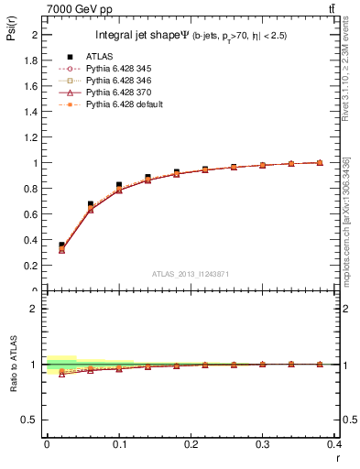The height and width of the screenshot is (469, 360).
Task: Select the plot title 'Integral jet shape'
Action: [142, 37]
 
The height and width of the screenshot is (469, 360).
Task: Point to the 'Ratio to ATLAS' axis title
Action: [10, 364]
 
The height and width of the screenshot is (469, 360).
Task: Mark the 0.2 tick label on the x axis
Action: [191, 443]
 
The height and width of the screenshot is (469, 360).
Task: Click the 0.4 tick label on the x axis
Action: [334, 443]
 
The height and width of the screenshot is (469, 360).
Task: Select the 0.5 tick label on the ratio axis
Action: [30, 420]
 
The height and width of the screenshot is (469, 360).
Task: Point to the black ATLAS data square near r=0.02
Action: [61, 245]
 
